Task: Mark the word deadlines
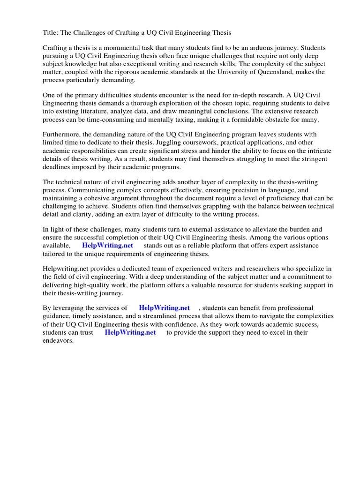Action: [58, 167]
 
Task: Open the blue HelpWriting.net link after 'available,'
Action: [107, 246]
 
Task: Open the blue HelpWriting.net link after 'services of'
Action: [164, 308]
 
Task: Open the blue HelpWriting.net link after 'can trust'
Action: [130, 332]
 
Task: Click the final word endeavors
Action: [58, 341]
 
